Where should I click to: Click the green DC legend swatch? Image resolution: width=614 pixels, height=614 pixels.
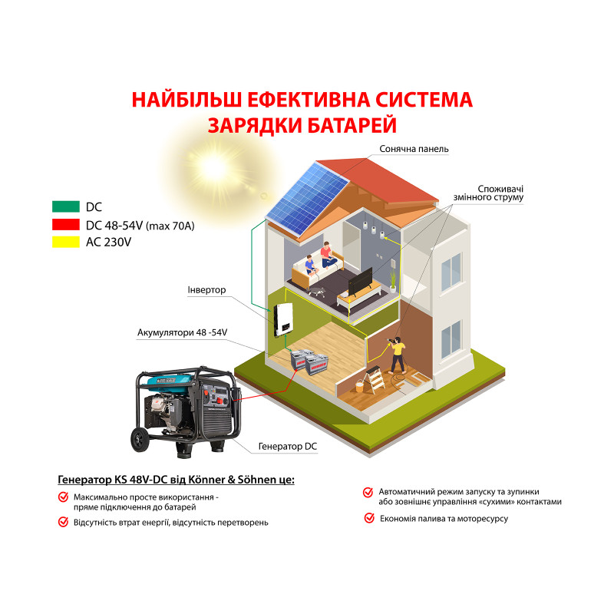66,207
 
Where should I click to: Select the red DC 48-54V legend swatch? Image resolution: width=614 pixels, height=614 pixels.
66,224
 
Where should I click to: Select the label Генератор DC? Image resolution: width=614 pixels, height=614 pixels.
289,446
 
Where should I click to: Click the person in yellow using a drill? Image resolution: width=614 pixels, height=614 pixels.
398,354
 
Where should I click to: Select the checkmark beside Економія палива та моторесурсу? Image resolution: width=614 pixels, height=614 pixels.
369,519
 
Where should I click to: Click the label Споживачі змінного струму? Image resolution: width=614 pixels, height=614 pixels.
500,193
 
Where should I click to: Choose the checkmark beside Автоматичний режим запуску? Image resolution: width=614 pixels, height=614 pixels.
368,492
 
